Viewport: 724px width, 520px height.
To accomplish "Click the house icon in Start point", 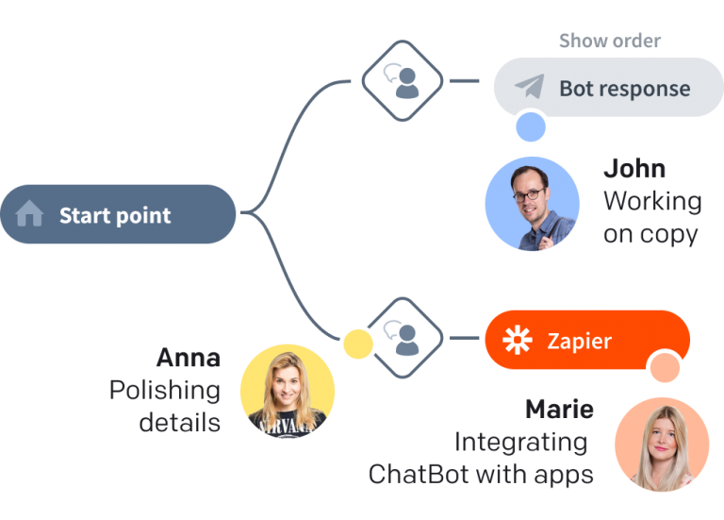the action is tap(29, 213).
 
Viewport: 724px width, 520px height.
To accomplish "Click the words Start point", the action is tap(115, 215).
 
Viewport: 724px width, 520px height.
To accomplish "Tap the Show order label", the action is tap(610, 41).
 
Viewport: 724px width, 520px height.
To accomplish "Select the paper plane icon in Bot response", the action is tap(530, 87).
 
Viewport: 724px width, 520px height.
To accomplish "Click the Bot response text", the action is tap(625, 88).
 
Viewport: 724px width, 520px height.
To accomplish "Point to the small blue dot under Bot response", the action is tap(531, 126).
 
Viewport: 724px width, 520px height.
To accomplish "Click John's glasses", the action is tap(530, 194).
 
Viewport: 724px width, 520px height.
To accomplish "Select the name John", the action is tap(634, 168).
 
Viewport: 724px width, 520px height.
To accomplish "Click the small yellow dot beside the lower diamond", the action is tap(358, 344).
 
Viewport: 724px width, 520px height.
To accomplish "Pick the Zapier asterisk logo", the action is tap(518, 340).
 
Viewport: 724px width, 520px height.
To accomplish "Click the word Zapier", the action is tap(580, 341).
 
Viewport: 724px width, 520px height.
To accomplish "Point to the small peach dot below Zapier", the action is tap(665, 367).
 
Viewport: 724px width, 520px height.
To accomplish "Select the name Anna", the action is tap(189, 358).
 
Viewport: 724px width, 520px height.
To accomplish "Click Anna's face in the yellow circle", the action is tap(287, 387).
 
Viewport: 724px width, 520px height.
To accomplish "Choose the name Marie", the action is tap(560, 409).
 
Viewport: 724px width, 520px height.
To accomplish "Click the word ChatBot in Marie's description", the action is tap(419, 475).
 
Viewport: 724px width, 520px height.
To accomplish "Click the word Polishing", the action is tap(165, 391).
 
